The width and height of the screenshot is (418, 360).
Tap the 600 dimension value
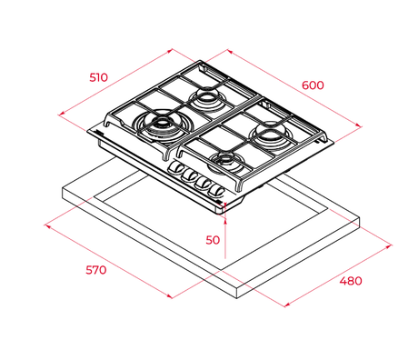click(x=313, y=85)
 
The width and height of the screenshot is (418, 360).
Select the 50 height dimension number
click(x=213, y=240)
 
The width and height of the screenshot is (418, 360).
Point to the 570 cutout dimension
click(x=95, y=270)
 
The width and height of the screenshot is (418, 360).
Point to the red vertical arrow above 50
click(x=224, y=232)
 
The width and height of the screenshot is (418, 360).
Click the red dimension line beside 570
click(x=109, y=259)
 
